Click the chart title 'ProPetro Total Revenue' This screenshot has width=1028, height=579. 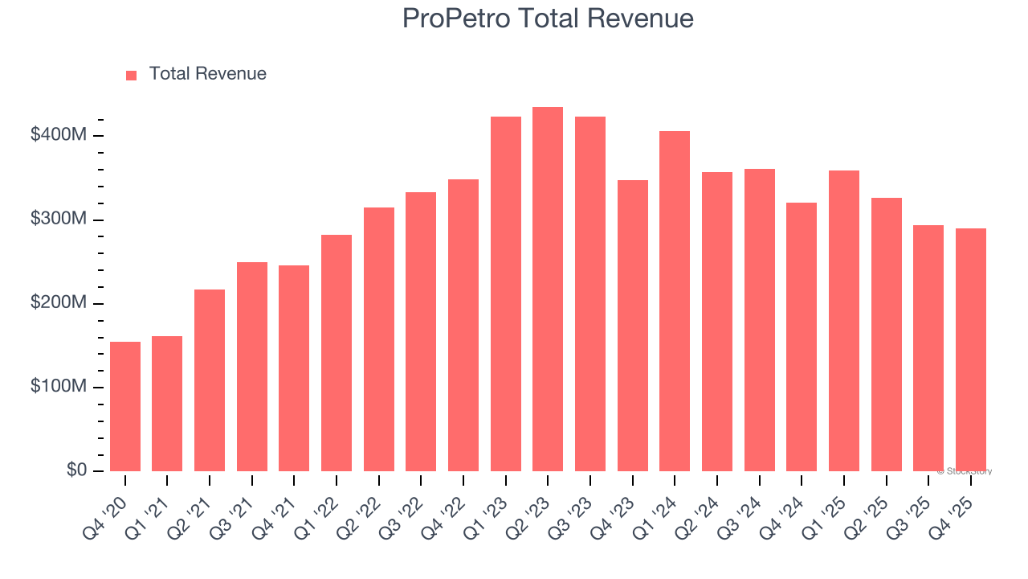point(548,18)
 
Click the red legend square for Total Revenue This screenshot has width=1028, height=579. point(132,75)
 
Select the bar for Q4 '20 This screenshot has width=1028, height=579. point(125,406)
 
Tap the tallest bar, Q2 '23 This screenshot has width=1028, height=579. point(548,289)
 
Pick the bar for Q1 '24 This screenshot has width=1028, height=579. point(675,302)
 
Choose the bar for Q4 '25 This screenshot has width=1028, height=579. point(970,350)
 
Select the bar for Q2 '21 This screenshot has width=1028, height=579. point(210,380)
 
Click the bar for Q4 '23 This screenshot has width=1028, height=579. point(632,326)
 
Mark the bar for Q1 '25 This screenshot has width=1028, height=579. point(843,321)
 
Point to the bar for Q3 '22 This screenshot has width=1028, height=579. point(421,331)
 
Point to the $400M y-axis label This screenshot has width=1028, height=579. point(58,135)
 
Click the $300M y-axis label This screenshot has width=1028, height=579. point(58,220)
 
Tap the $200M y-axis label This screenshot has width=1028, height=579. point(58,303)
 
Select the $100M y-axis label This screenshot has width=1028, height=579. point(58,387)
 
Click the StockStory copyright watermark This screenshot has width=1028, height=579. point(965,471)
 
